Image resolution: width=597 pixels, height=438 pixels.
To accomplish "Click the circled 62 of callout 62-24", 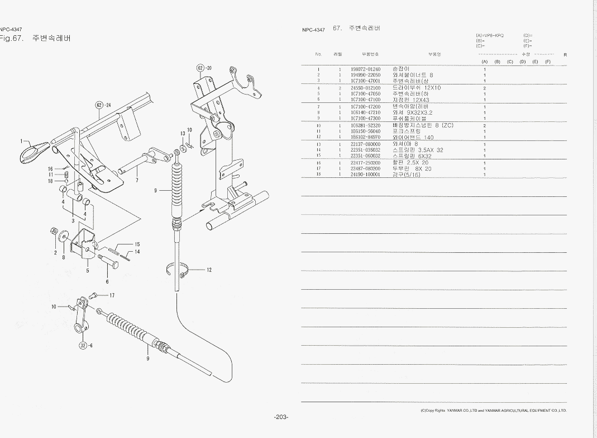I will click(99, 105).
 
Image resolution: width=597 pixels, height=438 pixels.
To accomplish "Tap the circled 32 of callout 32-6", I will click(83, 345).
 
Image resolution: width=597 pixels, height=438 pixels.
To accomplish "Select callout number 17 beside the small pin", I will click(112, 295).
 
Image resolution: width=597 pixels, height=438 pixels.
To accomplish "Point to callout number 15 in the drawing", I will click(137, 244).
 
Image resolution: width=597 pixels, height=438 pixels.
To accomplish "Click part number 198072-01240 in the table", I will click(365, 69).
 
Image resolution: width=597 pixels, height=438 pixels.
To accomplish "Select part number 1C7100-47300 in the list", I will click(365, 119).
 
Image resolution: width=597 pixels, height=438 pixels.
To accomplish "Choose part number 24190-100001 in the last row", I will click(365, 175).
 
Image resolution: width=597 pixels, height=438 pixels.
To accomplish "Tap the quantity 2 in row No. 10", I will click(484, 126).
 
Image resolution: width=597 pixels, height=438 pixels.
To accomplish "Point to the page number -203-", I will click(281, 417).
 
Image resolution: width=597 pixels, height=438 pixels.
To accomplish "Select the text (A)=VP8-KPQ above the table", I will click(490, 35).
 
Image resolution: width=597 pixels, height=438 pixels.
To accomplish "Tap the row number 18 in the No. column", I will click(318, 175).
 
